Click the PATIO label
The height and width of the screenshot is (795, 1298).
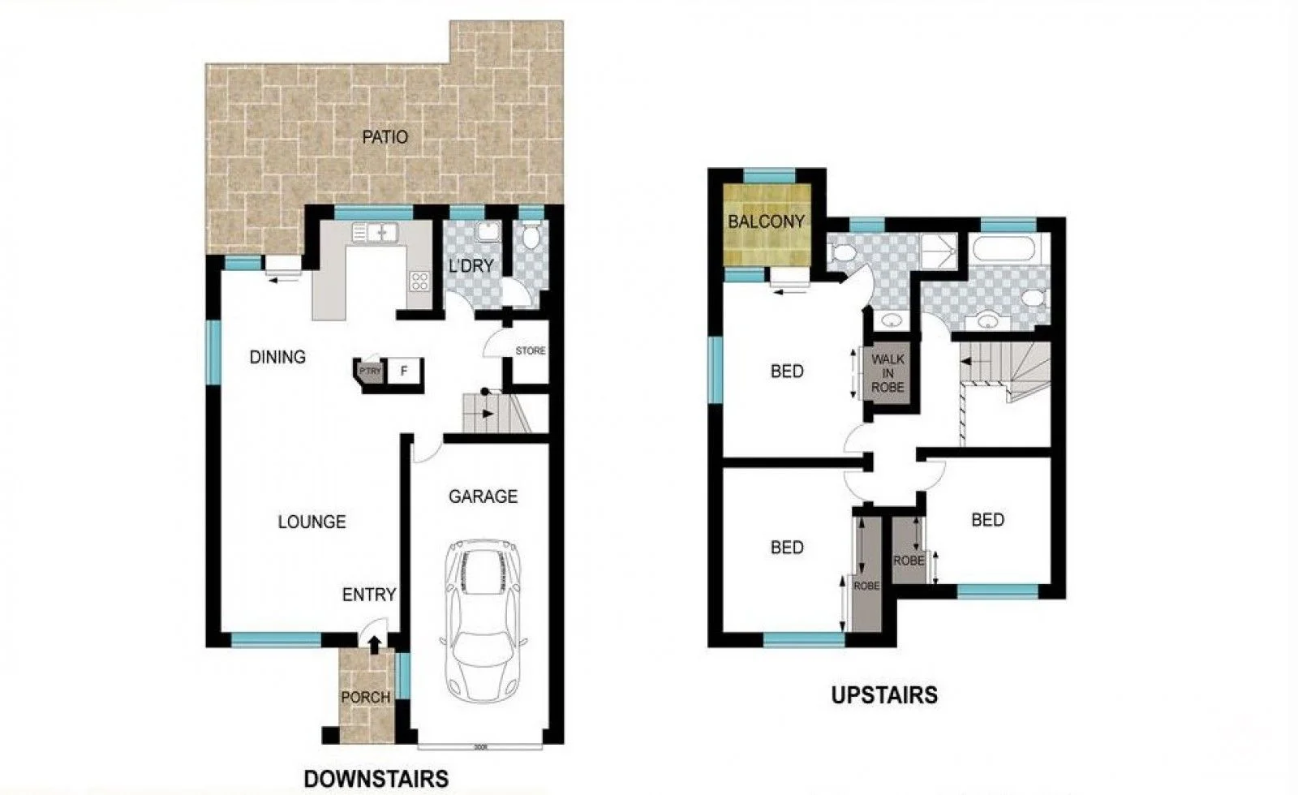pyautogui.click(x=385, y=137)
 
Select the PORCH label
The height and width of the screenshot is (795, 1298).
pyautogui.click(x=365, y=697)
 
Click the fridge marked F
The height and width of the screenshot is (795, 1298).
pyautogui.click(x=404, y=372)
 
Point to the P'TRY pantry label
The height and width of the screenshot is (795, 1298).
pyautogui.click(x=370, y=371)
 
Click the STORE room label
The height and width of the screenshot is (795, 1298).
pyautogui.click(x=531, y=351)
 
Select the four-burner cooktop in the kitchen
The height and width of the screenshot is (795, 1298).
pyautogui.click(x=419, y=281)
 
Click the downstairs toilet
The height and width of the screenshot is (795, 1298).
pyautogui.click(x=531, y=237)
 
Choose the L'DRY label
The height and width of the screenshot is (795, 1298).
pyautogui.click(x=471, y=265)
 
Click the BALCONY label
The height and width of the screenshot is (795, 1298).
pyautogui.click(x=766, y=221)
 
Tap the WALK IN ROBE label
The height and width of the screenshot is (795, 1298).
pyautogui.click(x=888, y=373)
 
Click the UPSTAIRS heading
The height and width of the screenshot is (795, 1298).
pyautogui.click(x=884, y=695)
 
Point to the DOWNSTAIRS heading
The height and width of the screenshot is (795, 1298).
pyautogui.click(x=376, y=779)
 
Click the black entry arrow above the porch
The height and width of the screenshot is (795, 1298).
pyautogui.click(x=374, y=645)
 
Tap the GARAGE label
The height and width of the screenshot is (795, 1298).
pyautogui.click(x=483, y=496)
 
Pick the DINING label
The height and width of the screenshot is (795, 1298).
pyautogui.click(x=277, y=357)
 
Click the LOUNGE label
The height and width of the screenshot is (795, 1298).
pyautogui.click(x=312, y=522)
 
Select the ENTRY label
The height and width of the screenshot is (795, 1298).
pyautogui.click(x=369, y=595)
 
